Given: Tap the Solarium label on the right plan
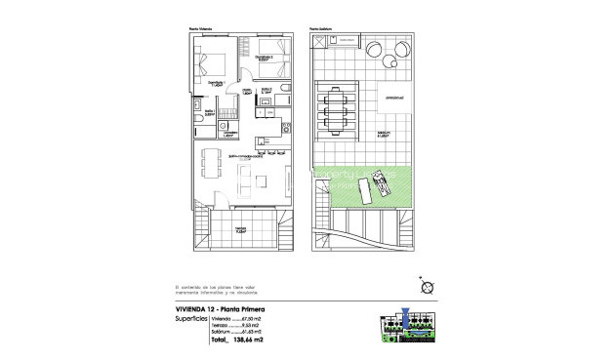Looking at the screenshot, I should pyautogui.click(x=384, y=135).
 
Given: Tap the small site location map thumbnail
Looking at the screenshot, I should pyautogui.click(x=408, y=328).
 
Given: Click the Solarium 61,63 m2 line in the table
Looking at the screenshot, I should pyautogui.click(x=238, y=333).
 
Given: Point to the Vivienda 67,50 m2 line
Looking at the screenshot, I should pyautogui.click(x=238, y=319).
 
